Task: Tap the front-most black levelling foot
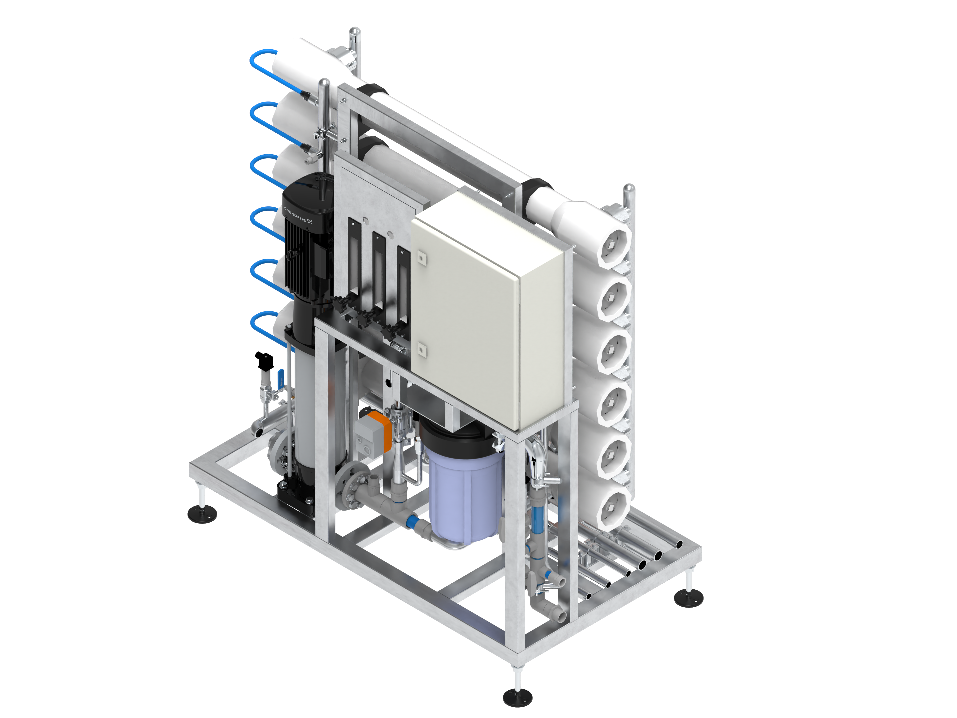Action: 517,698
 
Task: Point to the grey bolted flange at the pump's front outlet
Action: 353,484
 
